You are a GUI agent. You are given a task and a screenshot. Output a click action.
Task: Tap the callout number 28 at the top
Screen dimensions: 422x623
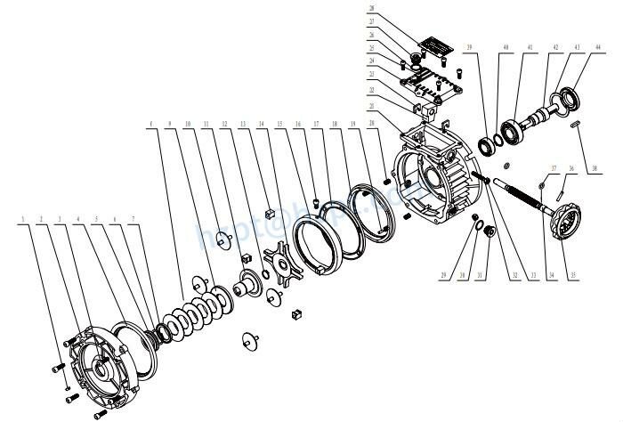click(x=372, y=8)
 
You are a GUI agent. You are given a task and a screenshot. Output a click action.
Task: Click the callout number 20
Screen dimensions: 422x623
click(x=371, y=122)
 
